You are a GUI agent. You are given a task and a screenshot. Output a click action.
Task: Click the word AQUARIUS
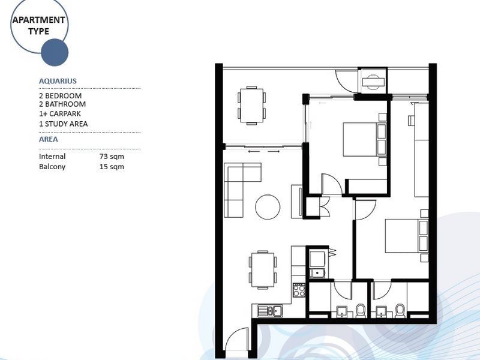click(x=58, y=81)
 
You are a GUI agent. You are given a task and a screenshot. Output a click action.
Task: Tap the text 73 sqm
click(x=112, y=157)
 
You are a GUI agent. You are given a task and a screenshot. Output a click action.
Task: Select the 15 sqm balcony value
click(x=112, y=167)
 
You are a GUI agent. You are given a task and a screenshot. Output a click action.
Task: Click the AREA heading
click(x=49, y=139)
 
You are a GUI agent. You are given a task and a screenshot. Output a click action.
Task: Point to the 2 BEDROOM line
click(x=60, y=96)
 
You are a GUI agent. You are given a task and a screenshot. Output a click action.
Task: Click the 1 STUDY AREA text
click(x=63, y=124)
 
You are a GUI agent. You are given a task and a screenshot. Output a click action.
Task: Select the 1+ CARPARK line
click(x=59, y=113)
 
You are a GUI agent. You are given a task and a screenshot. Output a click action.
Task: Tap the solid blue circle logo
click(x=55, y=52)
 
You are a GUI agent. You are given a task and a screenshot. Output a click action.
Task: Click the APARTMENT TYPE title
click(x=39, y=25)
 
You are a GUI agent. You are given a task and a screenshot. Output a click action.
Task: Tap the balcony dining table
click(x=251, y=105)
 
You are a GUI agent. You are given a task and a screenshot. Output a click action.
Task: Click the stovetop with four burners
click(x=299, y=291)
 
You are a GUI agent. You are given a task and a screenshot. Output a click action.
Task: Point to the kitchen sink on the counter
click(x=273, y=310)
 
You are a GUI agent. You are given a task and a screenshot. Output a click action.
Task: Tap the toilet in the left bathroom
click(x=361, y=310)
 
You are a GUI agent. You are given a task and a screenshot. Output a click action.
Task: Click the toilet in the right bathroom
click(x=400, y=310)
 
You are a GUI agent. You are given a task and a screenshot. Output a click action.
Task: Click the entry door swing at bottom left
click(x=237, y=341)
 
